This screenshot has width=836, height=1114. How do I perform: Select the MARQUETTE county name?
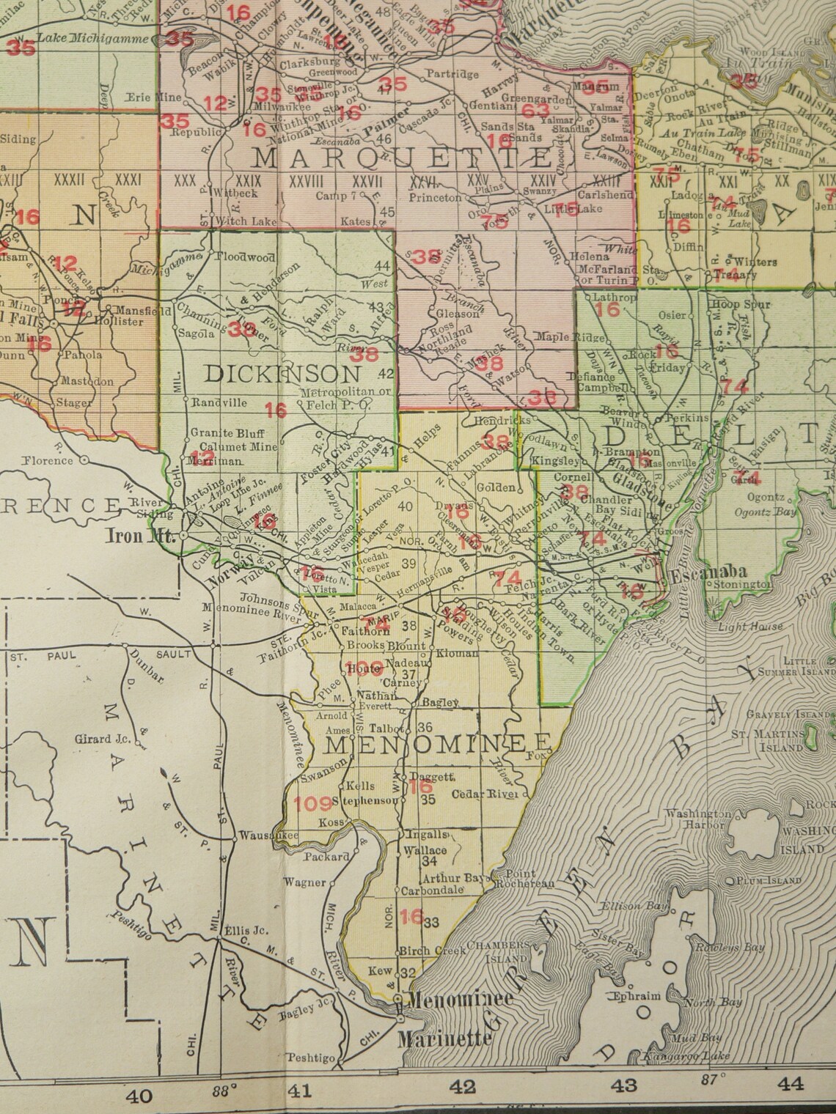coord(402,157)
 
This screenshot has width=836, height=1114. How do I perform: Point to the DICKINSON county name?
coord(282,374)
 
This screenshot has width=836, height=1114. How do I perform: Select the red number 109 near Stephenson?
coord(313,804)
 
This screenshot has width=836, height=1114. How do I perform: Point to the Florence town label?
coord(48,460)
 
